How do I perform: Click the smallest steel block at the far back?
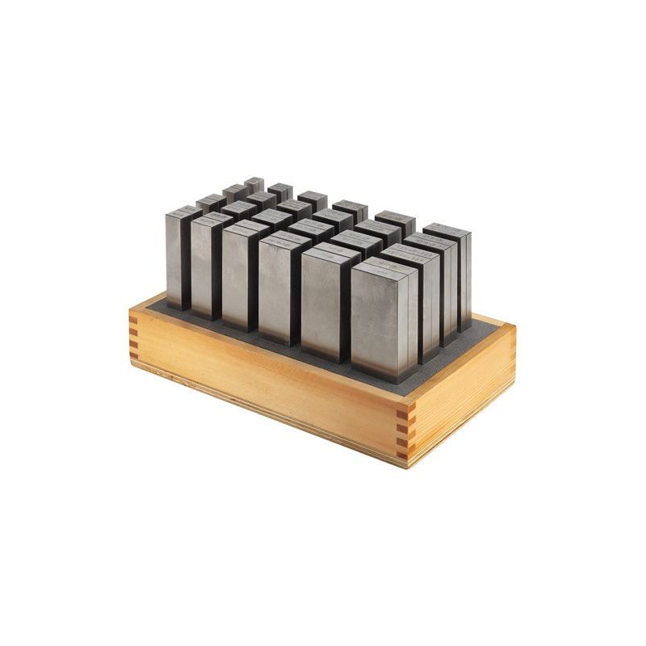coord(254,184)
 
